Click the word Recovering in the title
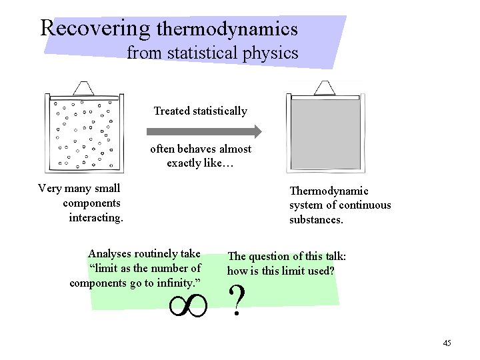(x=95, y=28)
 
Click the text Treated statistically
(x=200, y=111)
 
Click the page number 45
(x=447, y=343)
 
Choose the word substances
(x=316, y=218)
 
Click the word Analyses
(x=111, y=253)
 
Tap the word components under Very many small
(x=91, y=203)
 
